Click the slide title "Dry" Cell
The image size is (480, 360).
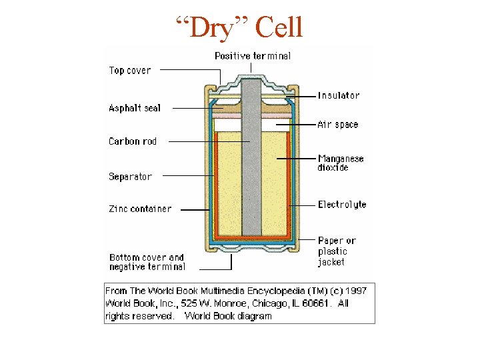coord(239,28)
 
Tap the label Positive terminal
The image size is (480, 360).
coord(252,56)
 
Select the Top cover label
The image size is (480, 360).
coord(130,70)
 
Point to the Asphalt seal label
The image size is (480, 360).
coord(135,107)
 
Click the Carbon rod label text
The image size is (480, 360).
coord(133,141)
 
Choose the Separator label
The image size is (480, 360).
coord(130,177)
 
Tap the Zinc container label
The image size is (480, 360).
coord(140,209)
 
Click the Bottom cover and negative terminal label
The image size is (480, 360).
coord(147,262)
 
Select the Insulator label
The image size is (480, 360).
coord(338,95)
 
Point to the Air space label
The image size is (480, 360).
coord(337,125)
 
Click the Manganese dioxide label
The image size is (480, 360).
coord(340,163)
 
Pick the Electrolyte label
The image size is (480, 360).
coord(342,205)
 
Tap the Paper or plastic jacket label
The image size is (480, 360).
coord(336,251)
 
